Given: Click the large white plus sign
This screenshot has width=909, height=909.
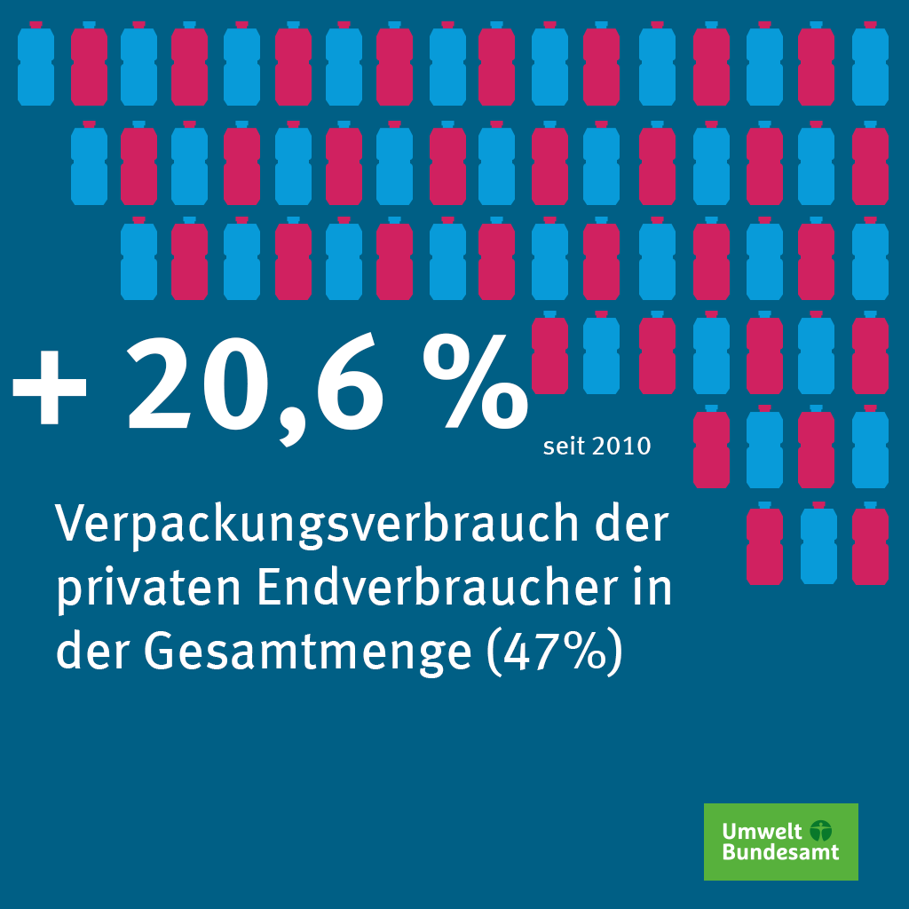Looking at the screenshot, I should (x=49, y=387).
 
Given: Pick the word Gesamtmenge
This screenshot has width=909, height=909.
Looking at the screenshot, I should (x=307, y=653).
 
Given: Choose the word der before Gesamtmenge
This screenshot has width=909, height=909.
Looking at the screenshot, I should (x=93, y=652).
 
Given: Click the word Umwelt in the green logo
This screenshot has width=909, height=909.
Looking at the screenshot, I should (x=750, y=832).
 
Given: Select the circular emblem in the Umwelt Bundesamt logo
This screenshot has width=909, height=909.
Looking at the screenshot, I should (x=821, y=831).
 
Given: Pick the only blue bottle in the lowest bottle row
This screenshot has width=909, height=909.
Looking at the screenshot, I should (x=818, y=544).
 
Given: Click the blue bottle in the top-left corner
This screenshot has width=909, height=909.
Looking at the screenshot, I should (x=36, y=64).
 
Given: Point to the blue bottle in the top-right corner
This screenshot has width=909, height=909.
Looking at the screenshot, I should (x=870, y=64).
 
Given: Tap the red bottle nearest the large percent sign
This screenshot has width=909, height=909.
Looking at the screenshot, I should (x=549, y=352).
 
